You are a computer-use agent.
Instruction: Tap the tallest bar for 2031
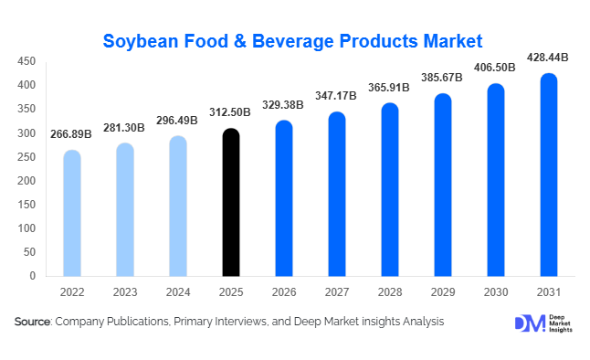point(549,175)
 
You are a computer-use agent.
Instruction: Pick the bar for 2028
point(390,189)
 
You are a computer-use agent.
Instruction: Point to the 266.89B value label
point(72,134)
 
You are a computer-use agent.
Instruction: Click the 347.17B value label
point(337,95)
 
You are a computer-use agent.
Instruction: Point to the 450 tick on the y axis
point(26,61)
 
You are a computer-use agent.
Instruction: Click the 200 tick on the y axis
point(26,180)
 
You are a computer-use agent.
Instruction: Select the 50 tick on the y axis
point(29,251)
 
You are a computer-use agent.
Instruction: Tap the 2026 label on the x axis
point(284,293)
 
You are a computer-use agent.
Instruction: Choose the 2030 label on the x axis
point(496,293)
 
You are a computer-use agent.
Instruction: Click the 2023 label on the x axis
point(125,293)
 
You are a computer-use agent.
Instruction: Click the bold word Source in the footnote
point(33,322)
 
